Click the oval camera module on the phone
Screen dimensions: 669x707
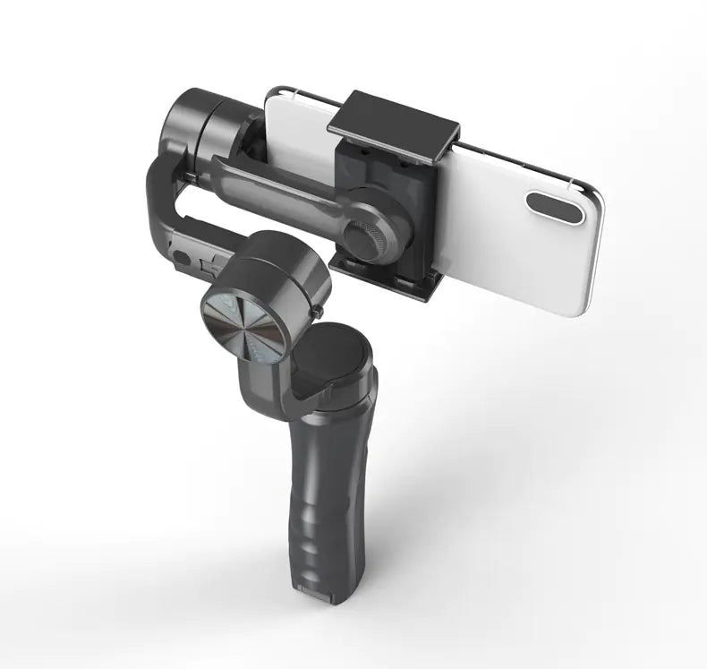click(555, 207)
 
